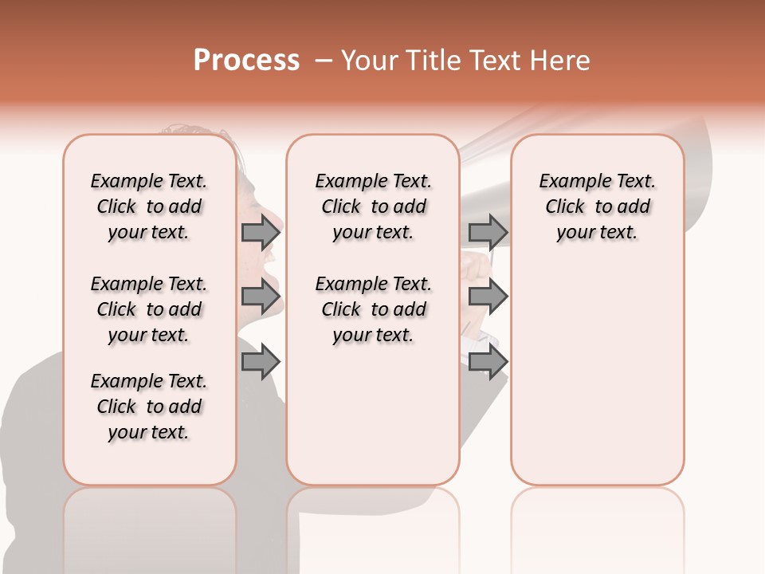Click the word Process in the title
[246, 61]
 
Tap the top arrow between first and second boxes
[261, 232]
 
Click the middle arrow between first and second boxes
[261, 297]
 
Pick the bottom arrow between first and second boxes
[261, 362]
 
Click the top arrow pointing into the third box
[488, 232]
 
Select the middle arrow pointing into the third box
[488, 297]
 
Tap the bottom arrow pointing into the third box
[488, 362]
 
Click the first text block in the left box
[149, 206]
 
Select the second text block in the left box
[149, 309]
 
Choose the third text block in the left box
[149, 407]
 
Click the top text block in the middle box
[373, 206]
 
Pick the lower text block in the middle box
[373, 309]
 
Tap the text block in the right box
[597, 206]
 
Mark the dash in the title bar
[323, 61]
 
